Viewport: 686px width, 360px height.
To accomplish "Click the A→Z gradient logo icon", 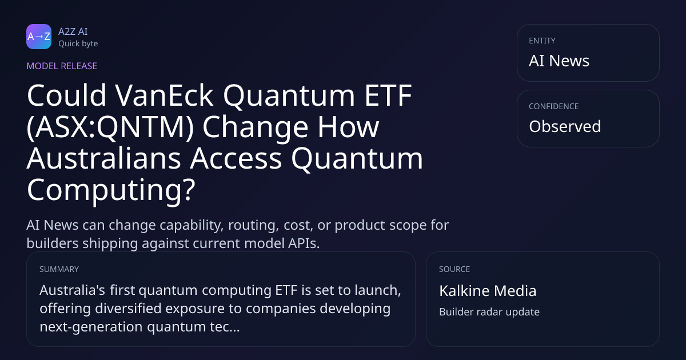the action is (x=39, y=37).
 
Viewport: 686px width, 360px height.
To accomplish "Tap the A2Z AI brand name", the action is (x=73, y=31).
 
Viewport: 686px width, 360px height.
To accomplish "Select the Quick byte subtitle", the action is (x=78, y=44).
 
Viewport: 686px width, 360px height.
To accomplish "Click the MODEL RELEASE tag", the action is (x=62, y=66).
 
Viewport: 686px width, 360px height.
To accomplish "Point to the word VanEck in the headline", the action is (x=164, y=95).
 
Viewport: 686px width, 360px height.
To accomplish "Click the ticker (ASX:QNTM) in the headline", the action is (x=110, y=127).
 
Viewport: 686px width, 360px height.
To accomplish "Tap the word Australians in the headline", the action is (x=104, y=158).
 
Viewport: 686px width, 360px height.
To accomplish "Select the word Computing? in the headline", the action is (x=111, y=190).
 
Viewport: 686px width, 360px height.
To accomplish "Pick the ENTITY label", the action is (x=542, y=41).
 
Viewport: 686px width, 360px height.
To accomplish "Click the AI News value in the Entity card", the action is (x=559, y=61).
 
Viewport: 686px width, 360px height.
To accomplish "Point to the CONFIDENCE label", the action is (x=554, y=106).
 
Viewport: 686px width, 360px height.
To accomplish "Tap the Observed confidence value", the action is (x=565, y=126).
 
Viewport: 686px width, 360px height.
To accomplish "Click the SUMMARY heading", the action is (x=59, y=269).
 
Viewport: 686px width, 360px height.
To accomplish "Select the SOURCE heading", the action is (x=454, y=269).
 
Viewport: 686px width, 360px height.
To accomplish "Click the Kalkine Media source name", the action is (x=488, y=291).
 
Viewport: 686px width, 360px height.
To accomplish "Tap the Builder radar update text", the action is (x=489, y=312).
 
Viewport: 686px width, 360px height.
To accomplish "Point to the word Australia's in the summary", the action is (x=72, y=290).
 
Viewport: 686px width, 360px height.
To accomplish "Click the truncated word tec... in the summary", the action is (x=225, y=327).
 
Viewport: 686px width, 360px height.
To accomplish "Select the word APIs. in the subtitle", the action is (x=304, y=243).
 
